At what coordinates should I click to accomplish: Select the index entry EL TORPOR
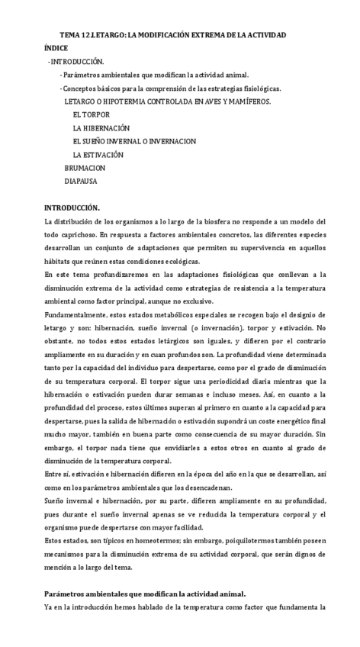(92, 114)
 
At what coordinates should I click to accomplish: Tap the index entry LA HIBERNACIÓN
(101, 128)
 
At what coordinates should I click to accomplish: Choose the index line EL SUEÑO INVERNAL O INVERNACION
(134, 141)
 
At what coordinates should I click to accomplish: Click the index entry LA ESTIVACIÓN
(98, 155)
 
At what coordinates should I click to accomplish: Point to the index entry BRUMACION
(85, 168)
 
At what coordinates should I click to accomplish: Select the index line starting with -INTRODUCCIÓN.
(76, 61)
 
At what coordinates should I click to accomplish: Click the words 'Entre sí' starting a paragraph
(56, 474)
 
